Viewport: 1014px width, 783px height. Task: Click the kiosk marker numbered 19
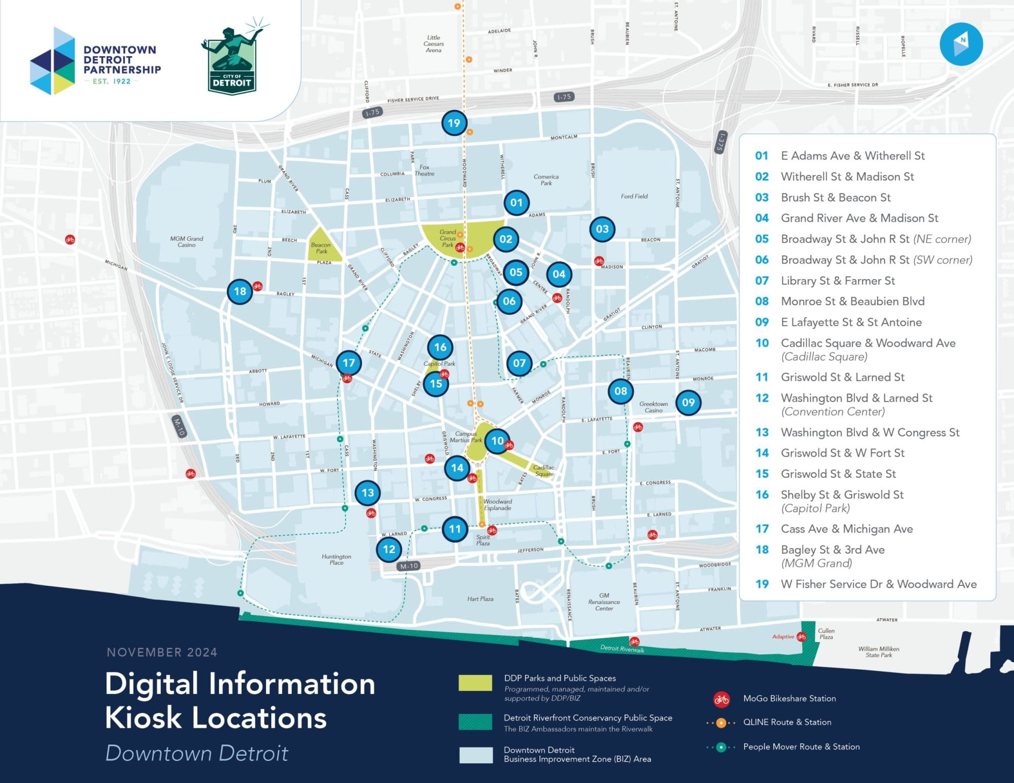pyautogui.click(x=454, y=123)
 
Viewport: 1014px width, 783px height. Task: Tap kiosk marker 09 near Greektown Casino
pyautogui.click(x=688, y=402)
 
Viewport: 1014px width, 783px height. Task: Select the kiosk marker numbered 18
pyautogui.click(x=240, y=291)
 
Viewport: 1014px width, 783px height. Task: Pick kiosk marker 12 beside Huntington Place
pyautogui.click(x=389, y=549)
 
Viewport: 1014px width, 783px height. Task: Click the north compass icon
pyautogui.click(x=961, y=44)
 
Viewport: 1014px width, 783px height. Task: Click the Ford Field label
pyautogui.click(x=634, y=196)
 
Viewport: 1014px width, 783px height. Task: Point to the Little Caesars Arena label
pyautogui.click(x=433, y=44)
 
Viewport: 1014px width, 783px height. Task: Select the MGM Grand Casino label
pyautogui.click(x=186, y=242)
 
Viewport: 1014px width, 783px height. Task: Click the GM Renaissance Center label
pyautogui.click(x=604, y=602)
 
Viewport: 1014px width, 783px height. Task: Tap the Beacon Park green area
pyautogui.click(x=322, y=246)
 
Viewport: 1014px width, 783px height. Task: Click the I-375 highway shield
pyautogui.click(x=720, y=142)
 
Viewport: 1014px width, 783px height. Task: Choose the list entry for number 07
pyautogui.click(x=837, y=281)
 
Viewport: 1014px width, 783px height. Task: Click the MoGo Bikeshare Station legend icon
pyautogui.click(x=721, y=699)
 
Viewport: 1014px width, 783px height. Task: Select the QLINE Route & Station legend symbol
pyautogui.click(x=721, y=723)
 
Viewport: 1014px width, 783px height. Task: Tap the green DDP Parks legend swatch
pyautogui.click(x=475, y=683)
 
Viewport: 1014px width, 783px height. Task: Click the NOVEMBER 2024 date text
pyautogui.click(x=162, y=652)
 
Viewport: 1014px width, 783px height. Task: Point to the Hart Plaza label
pyautogui.click(x=480, y=599)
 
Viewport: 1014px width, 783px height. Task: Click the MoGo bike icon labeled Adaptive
pyautogui.click(x=802, y=637)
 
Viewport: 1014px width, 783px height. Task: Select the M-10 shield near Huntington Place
pyautogui.click(x=409, y=566)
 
